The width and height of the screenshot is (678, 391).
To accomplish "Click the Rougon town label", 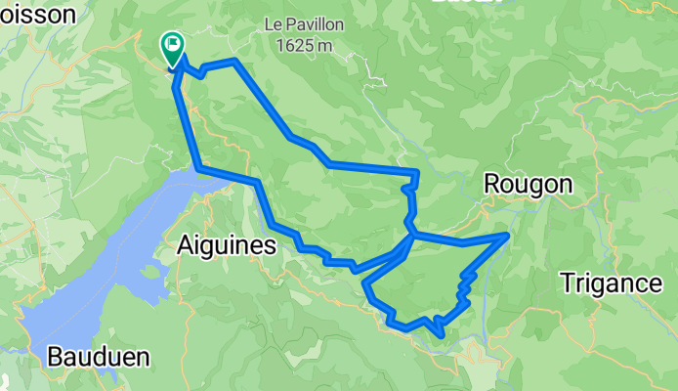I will click(527, 185).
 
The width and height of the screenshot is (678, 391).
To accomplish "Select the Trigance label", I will click(611, 283).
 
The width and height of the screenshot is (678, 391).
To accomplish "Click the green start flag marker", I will click(173, 45).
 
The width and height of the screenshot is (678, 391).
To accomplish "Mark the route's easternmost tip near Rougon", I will click(507, 235).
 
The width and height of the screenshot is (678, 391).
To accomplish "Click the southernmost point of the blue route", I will click(444, 334).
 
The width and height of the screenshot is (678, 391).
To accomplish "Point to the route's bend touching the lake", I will click(199, 170).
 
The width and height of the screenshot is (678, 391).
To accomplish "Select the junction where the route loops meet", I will click(412, 235).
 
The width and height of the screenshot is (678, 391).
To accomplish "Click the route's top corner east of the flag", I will click(235, 62).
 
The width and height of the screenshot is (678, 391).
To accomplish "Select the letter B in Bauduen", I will click(55, 357).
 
